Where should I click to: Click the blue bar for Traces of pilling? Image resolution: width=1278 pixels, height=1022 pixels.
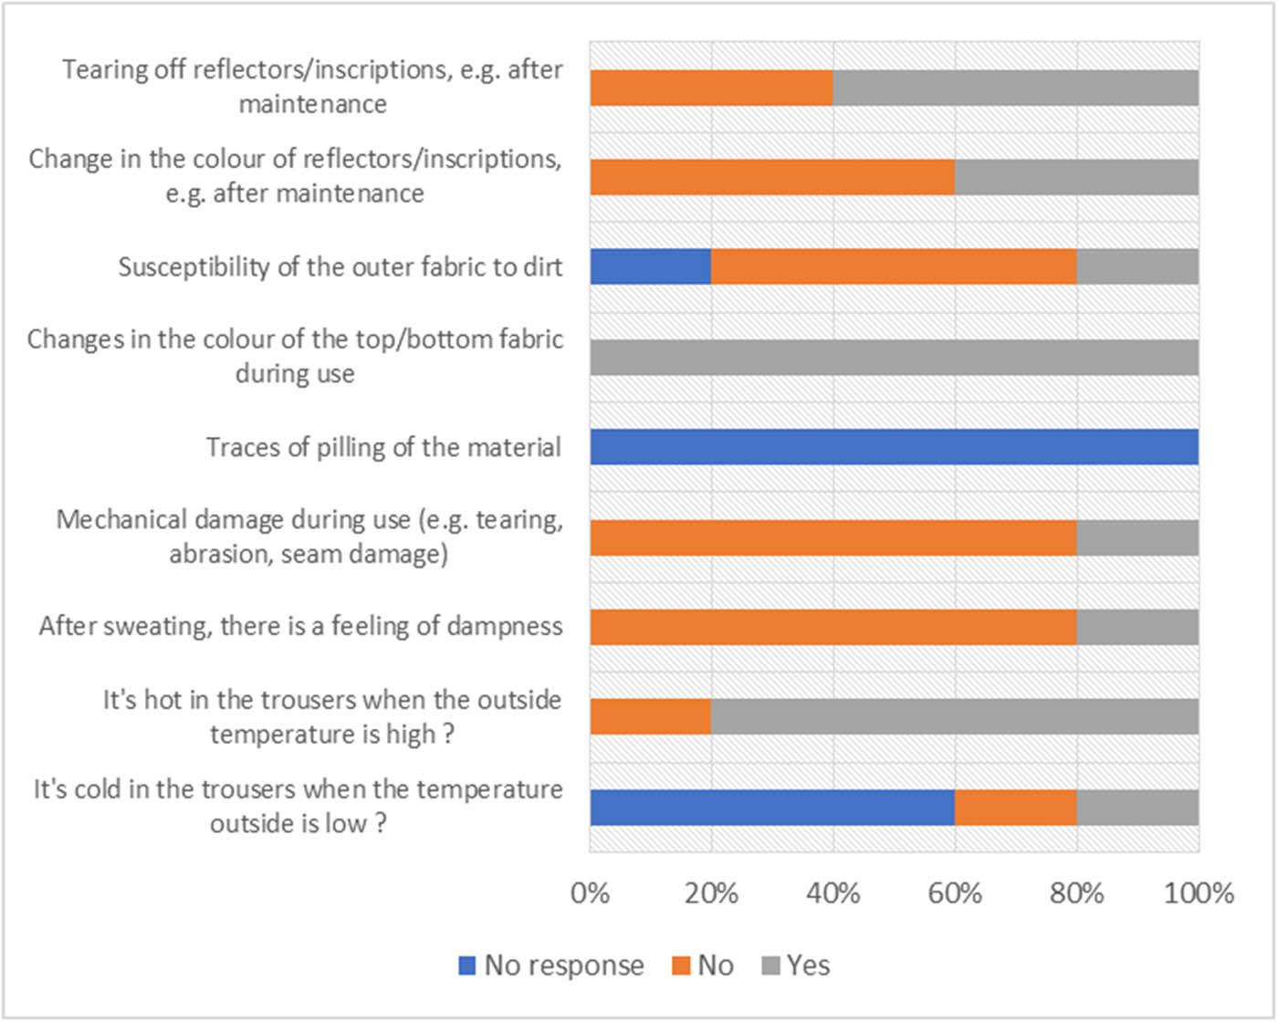[x=894, y=447]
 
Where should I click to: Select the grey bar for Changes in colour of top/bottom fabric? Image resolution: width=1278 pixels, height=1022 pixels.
[x=894, y=357]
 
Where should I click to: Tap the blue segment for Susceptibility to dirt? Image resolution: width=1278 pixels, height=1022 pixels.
[x=650, y=266]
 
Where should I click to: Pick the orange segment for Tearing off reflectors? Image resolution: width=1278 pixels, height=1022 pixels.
[x=711, y=88]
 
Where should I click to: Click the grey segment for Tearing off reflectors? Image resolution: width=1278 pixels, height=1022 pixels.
[x=1015, y=88]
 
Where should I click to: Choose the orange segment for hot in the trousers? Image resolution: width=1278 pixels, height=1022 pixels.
[x=650, y=716]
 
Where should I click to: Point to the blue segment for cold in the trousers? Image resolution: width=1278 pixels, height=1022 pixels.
[x=772, y=807]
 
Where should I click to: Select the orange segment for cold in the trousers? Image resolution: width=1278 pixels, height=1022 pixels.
[x=1015, y=807]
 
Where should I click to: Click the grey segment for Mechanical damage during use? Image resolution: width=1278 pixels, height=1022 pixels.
[x=1137, y=537]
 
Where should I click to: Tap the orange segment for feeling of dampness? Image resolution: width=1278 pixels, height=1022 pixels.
[x=833, y=627]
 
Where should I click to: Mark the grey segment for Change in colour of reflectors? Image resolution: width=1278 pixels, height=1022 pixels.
[x=1076, y=177]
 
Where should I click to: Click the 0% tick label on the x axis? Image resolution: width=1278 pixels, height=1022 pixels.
[x=590, y=892]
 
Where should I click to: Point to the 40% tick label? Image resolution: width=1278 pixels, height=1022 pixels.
[x=833, y=892]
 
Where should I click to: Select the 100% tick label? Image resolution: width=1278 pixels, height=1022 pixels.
[x=1199, y=892]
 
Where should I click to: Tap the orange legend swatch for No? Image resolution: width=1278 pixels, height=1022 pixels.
[x=680, y=965]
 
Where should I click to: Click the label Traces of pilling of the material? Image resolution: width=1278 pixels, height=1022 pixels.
[x=383, y=447]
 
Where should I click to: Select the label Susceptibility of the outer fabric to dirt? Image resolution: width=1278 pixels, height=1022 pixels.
[x=340, y=266]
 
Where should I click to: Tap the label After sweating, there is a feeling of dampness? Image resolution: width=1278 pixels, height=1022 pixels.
[x=300, y=627]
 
